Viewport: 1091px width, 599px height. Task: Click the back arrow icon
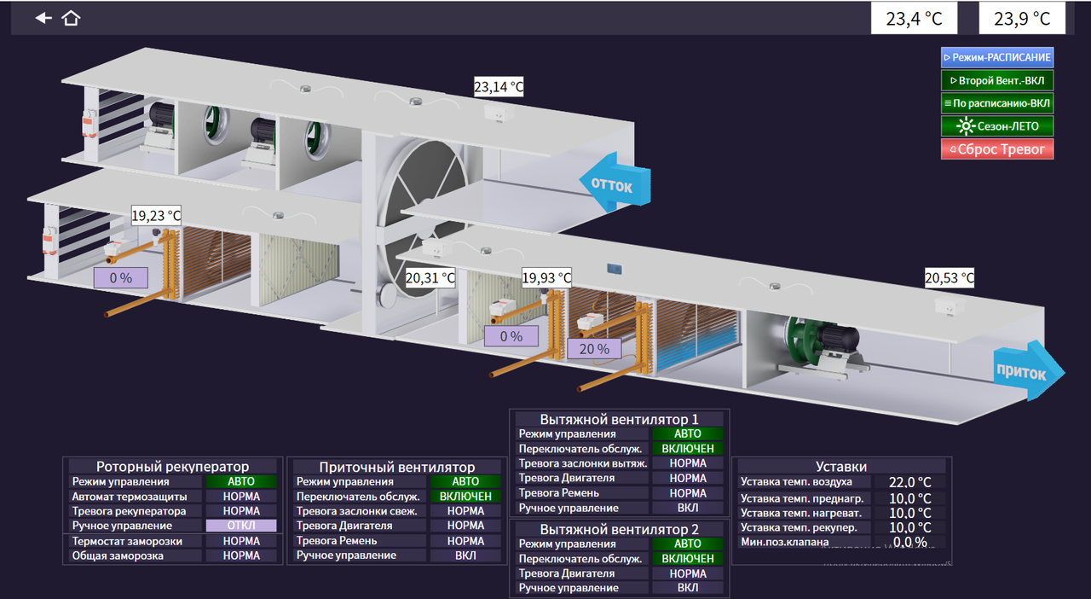pyautogui.click(x=43, y=18)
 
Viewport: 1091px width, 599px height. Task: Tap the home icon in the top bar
pyautogui.click(x=71, y=18)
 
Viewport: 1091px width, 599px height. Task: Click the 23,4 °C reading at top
pyautogui.click(x=913, y=19)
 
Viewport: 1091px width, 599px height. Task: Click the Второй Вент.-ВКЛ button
pyautogui.click(x=996, y=80)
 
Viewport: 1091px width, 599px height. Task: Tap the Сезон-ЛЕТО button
pyautogui.click(x=996, y=126)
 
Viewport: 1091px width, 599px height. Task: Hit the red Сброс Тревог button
pyautogui.click(x=996, y=149)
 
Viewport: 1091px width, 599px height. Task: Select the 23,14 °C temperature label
pyautogui.click(x=499, y=86)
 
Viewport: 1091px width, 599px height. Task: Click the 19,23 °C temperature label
pyautogui.click(x=156, y=217)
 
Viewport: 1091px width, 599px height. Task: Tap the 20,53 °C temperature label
pyautogui.click(x=950, y=278)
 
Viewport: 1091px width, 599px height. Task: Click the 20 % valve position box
pyautogui.click(x=594, y=348)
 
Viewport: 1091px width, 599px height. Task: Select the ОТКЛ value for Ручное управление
pyautogui.click(x=241, y=526)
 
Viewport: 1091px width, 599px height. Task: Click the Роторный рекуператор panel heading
pyautogui.click(x=173, y=467)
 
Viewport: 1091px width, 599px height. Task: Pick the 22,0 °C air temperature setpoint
pyautogui.click(x=909, y=482)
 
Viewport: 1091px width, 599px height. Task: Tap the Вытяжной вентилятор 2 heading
pyautogui.click(x=619, y=528)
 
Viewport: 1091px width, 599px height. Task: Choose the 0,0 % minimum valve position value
pyautogui.click(x=909, y=542)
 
